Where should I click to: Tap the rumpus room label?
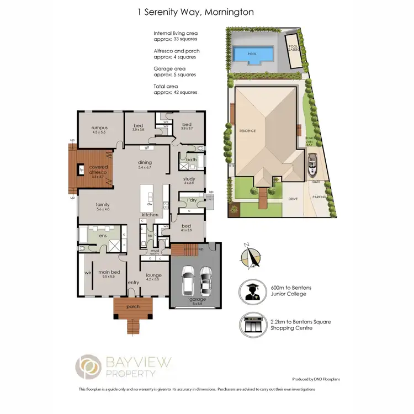pos(99,128)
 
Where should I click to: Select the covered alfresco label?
pos(98,167)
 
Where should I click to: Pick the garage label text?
pos(198,300)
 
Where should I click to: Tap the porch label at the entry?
pos(133,307)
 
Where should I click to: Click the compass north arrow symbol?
pos(252,256)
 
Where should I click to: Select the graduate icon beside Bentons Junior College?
pos(251,290)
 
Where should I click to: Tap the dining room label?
pos(145,161)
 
